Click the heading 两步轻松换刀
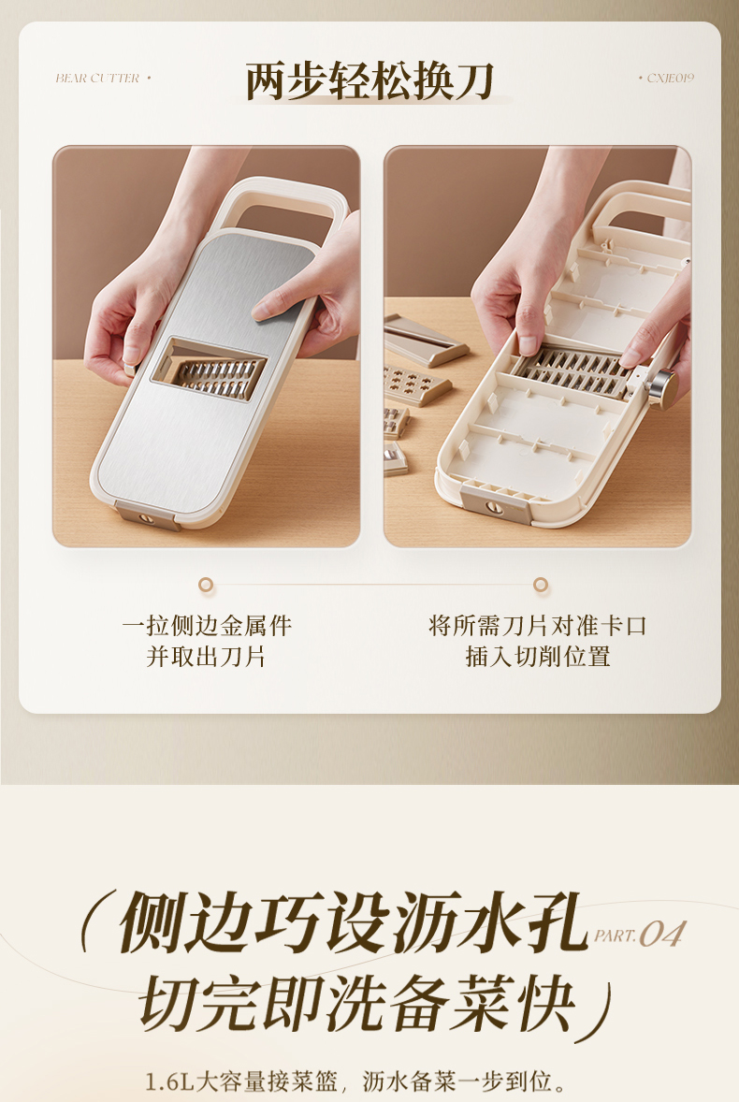[369, 80]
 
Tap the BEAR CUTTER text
[97, 78]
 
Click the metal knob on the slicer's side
[662, 385]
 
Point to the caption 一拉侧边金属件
[207, 625]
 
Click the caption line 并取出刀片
[207, 657]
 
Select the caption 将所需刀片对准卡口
[537, 625]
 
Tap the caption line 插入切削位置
[537, 657]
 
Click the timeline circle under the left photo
[206, 584]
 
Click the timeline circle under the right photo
[540, 584]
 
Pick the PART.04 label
[639, 934]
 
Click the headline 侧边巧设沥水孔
[354, 922]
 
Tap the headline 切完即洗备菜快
[358, 1003]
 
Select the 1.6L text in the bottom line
[169, 1080]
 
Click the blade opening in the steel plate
[209, 370]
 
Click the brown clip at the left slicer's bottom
[148, 516]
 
